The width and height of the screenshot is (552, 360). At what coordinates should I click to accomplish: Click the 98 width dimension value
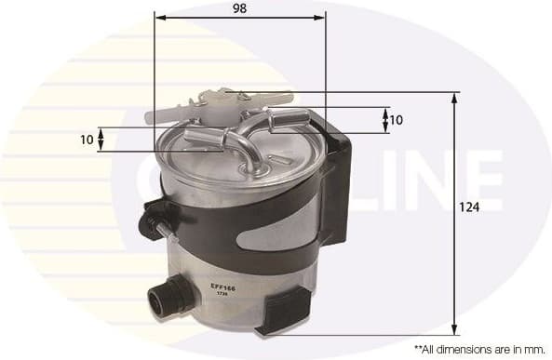coord(240,7)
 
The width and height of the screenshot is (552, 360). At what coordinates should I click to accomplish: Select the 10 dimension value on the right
coord(396,119)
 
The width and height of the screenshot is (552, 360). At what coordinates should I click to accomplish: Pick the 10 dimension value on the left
coord(87,140)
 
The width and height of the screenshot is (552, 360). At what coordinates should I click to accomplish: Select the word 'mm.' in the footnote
coord(533,348)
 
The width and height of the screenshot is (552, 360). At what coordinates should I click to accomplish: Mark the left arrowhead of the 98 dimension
coord(159,17)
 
